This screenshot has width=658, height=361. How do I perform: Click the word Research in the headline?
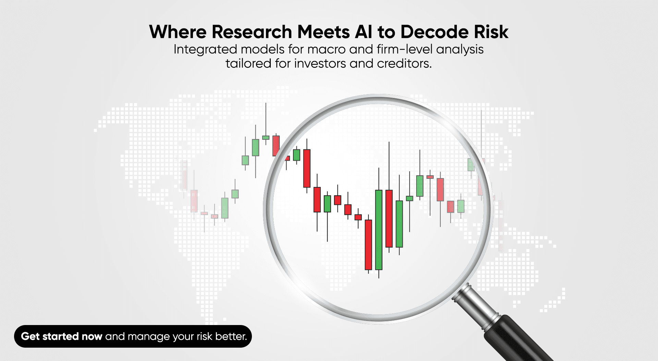(x=252, y=32)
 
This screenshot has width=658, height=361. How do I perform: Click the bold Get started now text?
(x=62, y=336)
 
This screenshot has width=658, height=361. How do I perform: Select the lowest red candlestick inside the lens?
(x=368, y=245)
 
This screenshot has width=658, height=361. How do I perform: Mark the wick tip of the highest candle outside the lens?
(x=266, y=103)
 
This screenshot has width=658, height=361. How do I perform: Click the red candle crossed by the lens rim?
(x=276, y=146)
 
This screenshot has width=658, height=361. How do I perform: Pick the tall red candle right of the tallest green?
(x=389, y=218)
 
